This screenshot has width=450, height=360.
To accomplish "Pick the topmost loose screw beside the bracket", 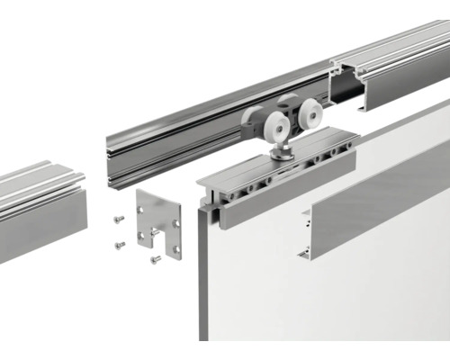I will pos(119,219).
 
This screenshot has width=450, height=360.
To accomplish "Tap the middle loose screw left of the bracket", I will pos(119,244).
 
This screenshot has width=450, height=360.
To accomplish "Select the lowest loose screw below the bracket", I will pos(155,259).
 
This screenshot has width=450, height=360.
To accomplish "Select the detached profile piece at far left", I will pos(40,211).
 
